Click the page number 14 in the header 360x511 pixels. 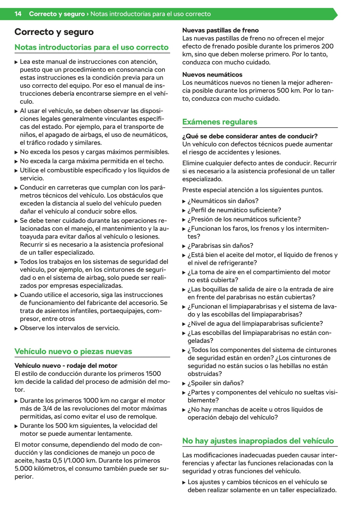(x=18, y=14)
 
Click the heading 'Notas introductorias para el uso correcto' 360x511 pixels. (x=91, y=47)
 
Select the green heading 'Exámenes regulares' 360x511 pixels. (x=220, y=122)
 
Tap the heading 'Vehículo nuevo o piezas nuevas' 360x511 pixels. (x=73, y=351)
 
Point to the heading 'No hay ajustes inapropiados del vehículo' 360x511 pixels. (x=258, y=441)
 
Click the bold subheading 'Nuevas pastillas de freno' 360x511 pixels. (x=220, y=30)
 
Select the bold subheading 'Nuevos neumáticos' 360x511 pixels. (x=212, y=74)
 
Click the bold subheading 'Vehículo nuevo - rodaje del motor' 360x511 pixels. (x=66, y=365)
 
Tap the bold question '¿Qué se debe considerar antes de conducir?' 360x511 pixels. (x=250, y=136)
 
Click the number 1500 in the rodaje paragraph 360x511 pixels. (x=153, y=374)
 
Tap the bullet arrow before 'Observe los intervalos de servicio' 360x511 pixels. (x=16, y=328)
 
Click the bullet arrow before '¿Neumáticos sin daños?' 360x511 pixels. (x=184, y=201)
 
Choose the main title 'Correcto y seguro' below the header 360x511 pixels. (x=54, y=32)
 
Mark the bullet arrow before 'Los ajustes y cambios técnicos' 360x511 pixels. (x=184, y=482)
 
